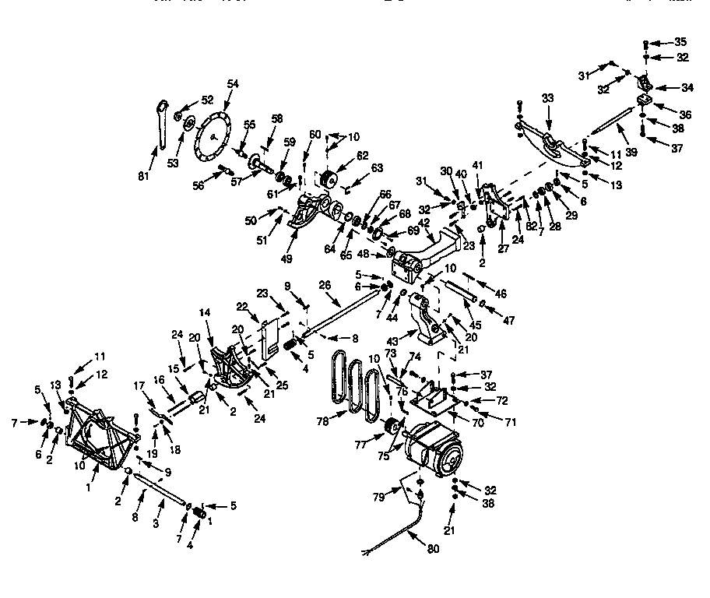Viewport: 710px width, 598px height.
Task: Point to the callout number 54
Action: [x=233, y=83]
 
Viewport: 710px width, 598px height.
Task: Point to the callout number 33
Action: [x=547, y=100]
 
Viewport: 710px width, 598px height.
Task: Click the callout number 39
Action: [x=631, y=153]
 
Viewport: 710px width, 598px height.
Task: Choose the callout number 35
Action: [x=680, y=41]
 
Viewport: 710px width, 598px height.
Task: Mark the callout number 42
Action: [x=425, y=222]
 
